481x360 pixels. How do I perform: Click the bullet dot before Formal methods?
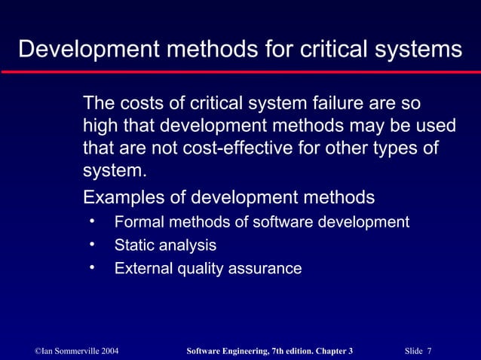tap(91, 221)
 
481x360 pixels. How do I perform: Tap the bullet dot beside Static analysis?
tap(91, 245)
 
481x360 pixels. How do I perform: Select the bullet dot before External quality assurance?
tap(91, 267)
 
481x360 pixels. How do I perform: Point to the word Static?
tap(133, 246)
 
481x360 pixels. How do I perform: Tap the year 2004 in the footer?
tap(106, 351)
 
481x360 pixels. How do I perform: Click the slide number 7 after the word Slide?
tap(429, 351)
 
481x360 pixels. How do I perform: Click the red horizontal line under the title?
tap(240, 71)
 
